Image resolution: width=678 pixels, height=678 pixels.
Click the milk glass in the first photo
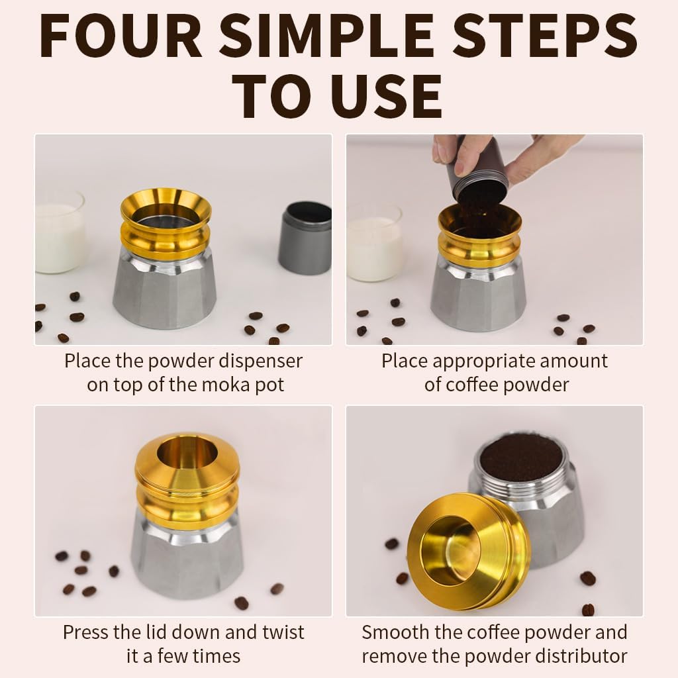[x=58, y=232]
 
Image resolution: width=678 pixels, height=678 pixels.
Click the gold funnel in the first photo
[x=166, y=225]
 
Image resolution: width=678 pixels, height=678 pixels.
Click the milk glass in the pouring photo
[x=373, y=242]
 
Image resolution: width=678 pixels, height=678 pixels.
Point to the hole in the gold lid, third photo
[x=187, y=454]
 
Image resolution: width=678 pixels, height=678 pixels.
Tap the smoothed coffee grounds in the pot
[x=519, y=457]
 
